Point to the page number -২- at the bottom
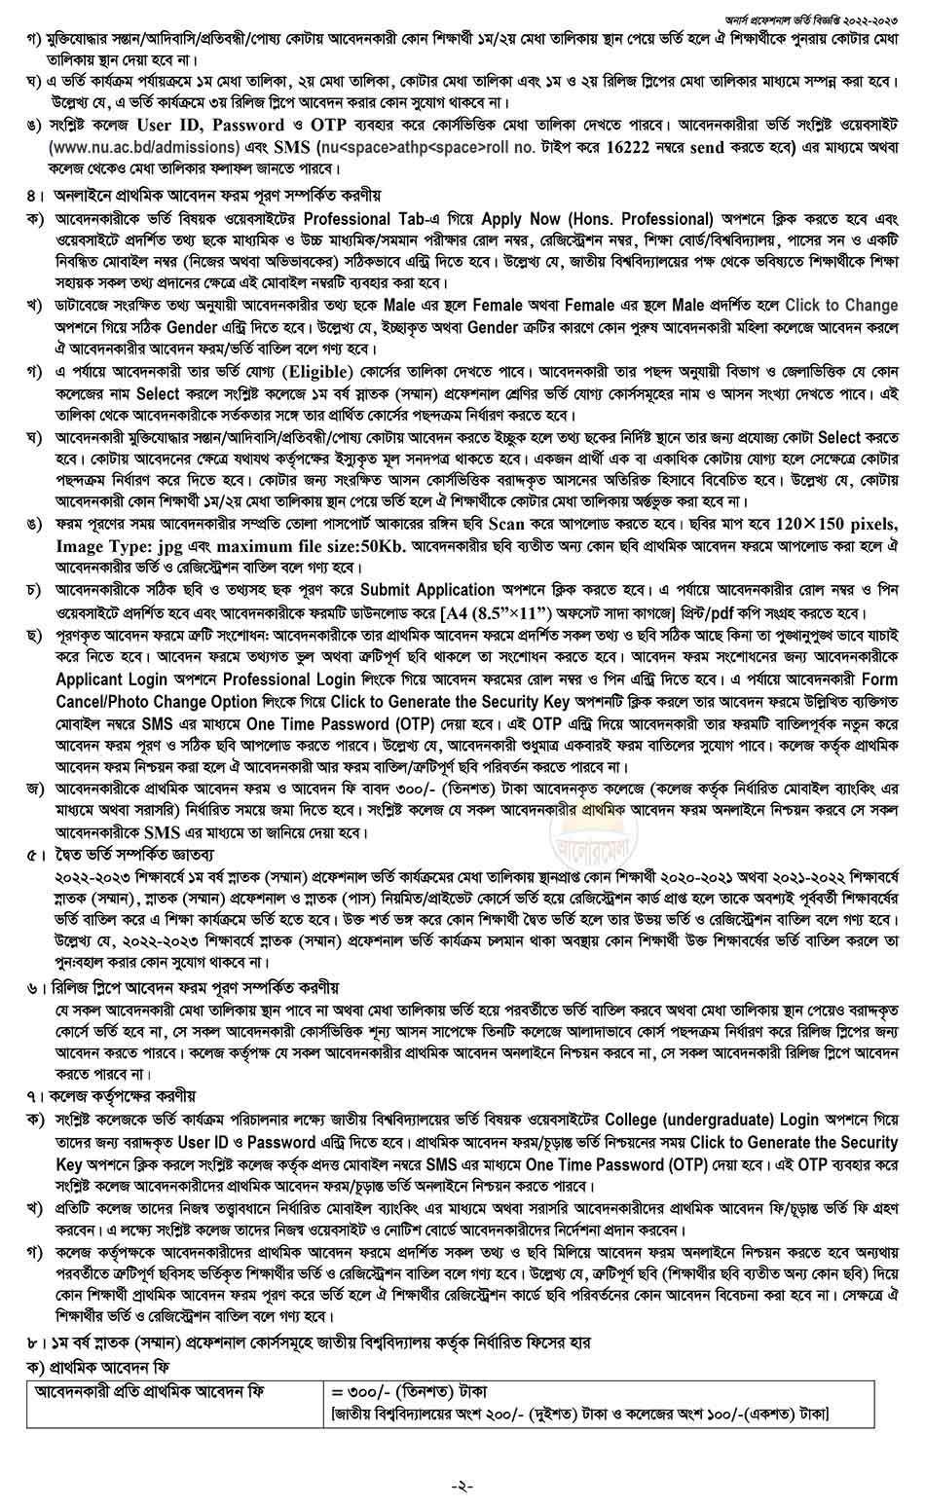[462, 1486]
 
